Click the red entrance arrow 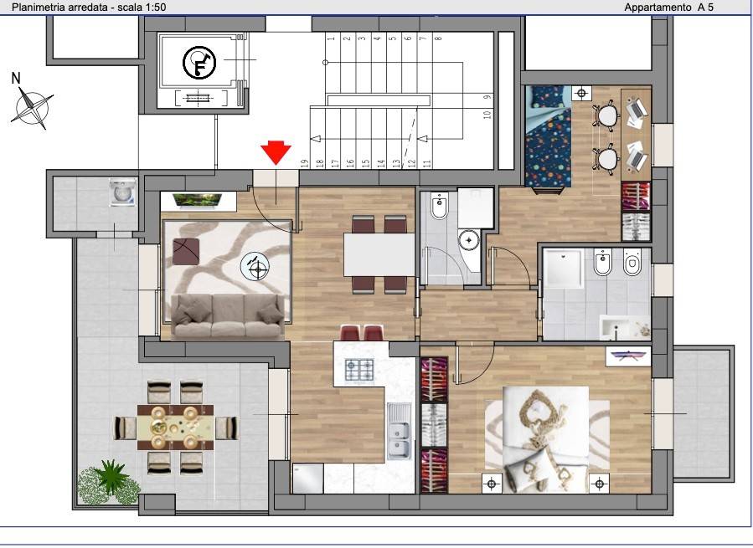click(x=276, y=152)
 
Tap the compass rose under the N click(x=32, y=107)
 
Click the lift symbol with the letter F click(x=199, y=63)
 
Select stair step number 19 click(x=304, y=163)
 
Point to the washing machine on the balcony click(x=123, y=192)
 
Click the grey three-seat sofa click(x=228, y=315)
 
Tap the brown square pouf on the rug click(x=186, y=252)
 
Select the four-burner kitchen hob click(x=359, y=370)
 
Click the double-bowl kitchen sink click(x=399, y=431)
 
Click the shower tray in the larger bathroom click(x=563, y=269)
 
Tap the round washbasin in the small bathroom click(x=469, y=240)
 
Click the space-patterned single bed click(x=549, y=139)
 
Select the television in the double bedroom click(x=627, y=356)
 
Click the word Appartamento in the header click(x=658, y=8)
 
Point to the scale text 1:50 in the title click(x=155, y=8)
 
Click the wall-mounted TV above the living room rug click(x=198, y=202)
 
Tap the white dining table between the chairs click(x=379, y=254)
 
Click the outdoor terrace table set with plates click(x=176, y=427)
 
